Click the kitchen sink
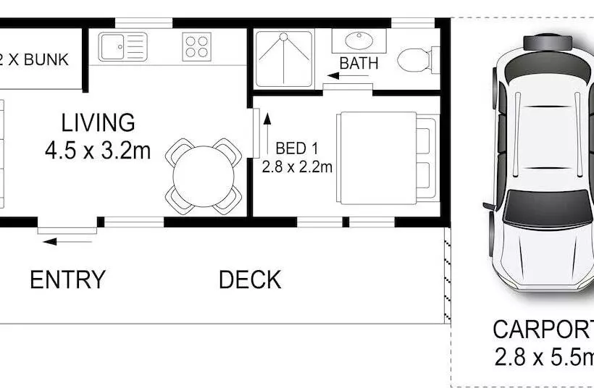click(x=114, y=47)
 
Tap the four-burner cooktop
click(x=197, y=47)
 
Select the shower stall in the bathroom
click(x=284, y=56)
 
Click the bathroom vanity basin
click(x=359, y=41)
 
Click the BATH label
click(x=359, y=63)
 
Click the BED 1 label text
click(x=296, y=149)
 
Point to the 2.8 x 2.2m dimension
click(x=296, y=167)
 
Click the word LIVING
click(x=98, y=122)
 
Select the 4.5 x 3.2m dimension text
click(x=98, y=151)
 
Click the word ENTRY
click(x=67, y=279)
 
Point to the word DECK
click(x=250, y=279)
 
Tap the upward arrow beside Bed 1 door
click(x=267, y=124)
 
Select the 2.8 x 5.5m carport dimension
click(x=543, y=357)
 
